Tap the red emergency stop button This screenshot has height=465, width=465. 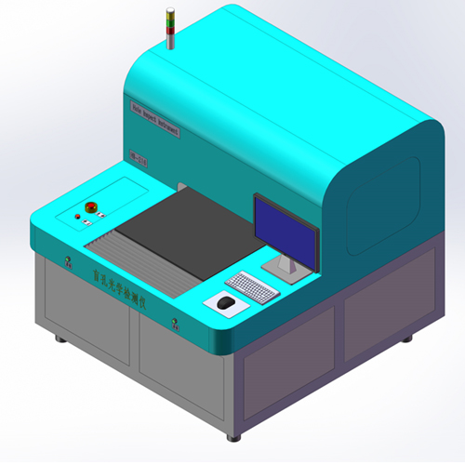point(91,206)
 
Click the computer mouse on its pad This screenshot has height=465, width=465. point(225,302)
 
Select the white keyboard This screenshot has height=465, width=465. point(252,287)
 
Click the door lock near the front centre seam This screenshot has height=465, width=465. point(174,324)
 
